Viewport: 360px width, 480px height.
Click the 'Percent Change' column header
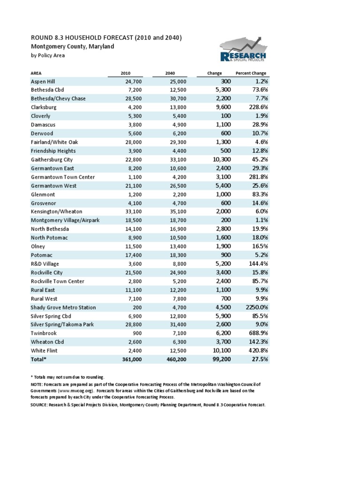(x=251, y=74)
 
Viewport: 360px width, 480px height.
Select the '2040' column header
(x=170, y=74)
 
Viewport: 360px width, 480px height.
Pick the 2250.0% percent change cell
(x=254, y=307)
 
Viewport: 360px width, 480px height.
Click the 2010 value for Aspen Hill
(x=128, y=82)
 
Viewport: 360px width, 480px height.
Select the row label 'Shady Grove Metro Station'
(x=63, y=307)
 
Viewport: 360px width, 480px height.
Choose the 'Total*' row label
(x=39, y=360)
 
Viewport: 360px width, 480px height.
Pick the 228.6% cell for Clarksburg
(x=255, y=107)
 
